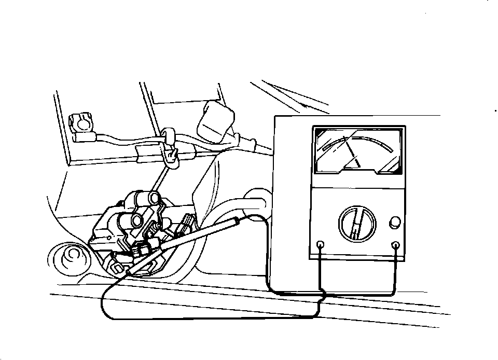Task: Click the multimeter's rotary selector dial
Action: pyautogui.click(x=356, y=224)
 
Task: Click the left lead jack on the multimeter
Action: pyautogui.click(x=320, y=244)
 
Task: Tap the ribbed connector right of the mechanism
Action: pyautogui.click(x=187, y=223)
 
